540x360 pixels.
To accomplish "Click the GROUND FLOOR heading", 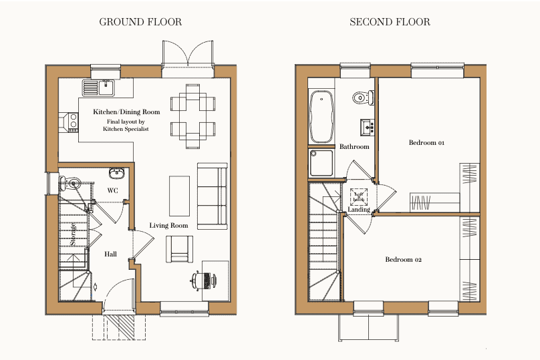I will (x=140, y=22).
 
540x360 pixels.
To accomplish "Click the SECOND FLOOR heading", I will (x=390, y=22).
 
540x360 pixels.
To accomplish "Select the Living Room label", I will (x=168, y=226).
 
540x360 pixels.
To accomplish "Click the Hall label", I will (x=110, y=254).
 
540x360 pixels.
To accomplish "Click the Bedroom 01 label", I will (x=426, y=143).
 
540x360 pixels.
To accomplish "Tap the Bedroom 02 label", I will (x=403, y=259).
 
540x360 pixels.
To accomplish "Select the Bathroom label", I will (x=354, y=146).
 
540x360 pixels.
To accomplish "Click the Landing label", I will (x=359, y=210).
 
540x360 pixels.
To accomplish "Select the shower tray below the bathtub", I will (x=322, y=163).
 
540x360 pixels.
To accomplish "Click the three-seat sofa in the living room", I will (x=212, y=193).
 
